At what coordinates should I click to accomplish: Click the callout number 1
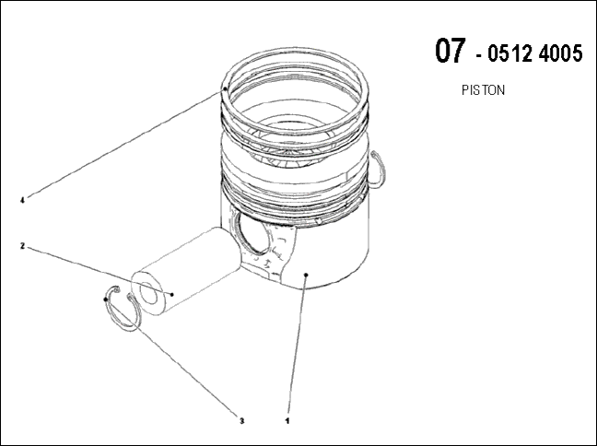coord(287,421)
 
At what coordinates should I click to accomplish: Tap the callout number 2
coord(22,246)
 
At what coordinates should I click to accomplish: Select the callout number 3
coord(241,421)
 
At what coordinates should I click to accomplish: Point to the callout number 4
coord(22,200)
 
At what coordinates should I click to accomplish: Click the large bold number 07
coord(450,51)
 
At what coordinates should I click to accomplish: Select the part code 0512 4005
coord(535,53)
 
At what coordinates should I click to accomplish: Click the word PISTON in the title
coord(483,90)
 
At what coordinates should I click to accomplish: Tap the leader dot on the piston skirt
coord(306,275)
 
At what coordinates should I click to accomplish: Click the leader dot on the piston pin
coord(172,294)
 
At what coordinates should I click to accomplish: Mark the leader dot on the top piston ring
coord(225,88)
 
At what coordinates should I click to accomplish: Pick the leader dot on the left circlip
coord(105,299)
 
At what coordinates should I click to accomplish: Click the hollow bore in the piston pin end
coord(149,293)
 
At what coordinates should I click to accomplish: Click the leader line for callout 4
coord(123,145)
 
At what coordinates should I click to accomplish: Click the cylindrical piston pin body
coord(186,271)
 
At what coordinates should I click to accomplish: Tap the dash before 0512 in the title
coord(479,57)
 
